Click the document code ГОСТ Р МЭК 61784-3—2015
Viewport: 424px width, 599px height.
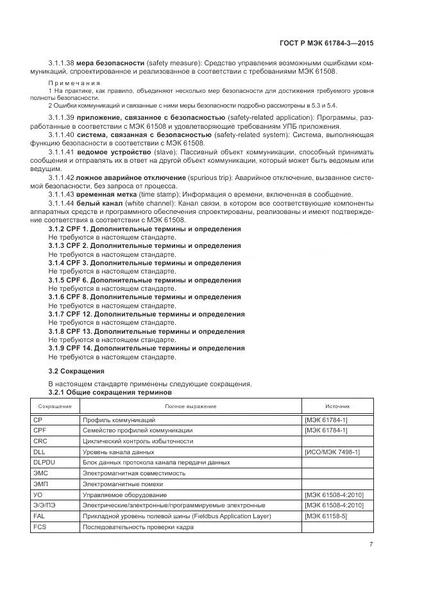click(x=327, y=43)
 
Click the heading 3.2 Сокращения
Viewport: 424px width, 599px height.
click(x=76, y=371)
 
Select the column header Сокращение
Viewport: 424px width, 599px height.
click(x=55, y=406)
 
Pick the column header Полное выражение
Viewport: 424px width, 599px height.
click(x=191, y=406)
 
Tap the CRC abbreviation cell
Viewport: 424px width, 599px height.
click(x=40, y=441)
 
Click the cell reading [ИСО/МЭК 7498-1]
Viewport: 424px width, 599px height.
click(x=333, y=452)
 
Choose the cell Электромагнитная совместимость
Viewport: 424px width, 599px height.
click(x=134, y=473)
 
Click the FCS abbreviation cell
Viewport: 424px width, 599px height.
click(x=40, y=527)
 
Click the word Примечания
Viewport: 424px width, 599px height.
click(x=74, y=83)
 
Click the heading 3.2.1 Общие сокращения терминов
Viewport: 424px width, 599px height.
click(x=110, y=391)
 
